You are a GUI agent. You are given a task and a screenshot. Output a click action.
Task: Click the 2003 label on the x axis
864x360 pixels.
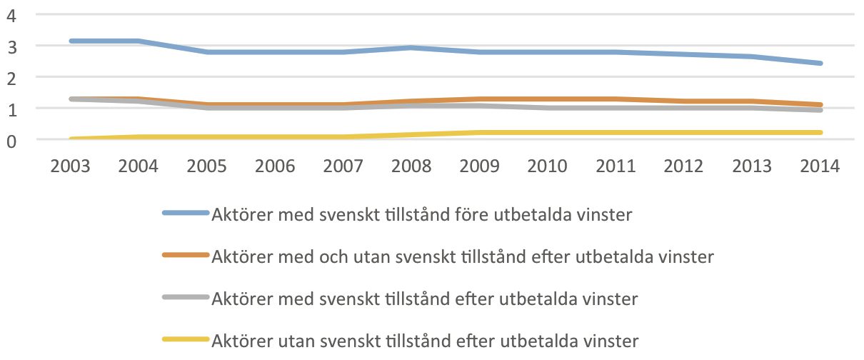coord(70,166)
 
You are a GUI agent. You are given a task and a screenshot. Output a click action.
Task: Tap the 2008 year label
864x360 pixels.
coord(411,166)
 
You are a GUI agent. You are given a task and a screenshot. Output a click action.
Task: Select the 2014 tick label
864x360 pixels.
coord(820,166)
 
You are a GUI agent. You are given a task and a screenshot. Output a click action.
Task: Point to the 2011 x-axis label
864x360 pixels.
coord(616,166)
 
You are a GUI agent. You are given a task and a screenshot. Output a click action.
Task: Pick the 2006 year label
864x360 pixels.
coord(275,166)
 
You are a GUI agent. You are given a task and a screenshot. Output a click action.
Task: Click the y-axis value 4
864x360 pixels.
coord(11,16)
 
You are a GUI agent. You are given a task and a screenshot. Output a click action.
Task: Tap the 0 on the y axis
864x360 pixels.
coord(11,142)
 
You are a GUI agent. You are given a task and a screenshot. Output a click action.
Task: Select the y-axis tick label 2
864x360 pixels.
coord(11,79)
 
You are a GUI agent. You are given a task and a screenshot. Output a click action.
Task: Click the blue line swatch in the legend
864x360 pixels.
coord(186,213)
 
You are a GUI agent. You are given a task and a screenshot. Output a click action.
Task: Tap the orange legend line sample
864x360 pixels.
coord(186,255)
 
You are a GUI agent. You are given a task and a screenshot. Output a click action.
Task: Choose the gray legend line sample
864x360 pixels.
coord(186,297)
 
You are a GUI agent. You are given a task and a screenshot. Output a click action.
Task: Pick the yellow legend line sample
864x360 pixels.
coord(186,339)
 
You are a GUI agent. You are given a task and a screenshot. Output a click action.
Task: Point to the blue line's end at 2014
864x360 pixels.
coord(820,64)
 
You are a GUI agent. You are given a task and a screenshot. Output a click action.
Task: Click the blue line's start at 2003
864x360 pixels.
coord(71,41)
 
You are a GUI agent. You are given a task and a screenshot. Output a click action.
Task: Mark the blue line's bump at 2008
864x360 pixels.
coord(411,48)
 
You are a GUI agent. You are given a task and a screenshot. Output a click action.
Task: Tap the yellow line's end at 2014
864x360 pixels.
coord(820,132)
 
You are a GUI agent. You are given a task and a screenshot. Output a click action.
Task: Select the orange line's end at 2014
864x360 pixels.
coord(820,104)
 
